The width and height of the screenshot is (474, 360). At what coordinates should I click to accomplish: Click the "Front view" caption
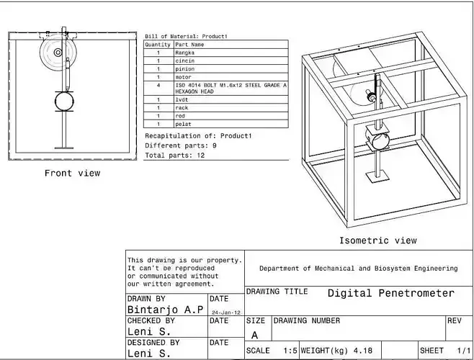[x=72, y=173]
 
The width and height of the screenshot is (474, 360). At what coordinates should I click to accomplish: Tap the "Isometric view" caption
[x=378, y=240]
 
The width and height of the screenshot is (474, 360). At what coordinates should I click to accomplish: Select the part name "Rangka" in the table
[x=185, y=53]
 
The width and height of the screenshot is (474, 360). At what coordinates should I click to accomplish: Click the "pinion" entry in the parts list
[x=185, y=68]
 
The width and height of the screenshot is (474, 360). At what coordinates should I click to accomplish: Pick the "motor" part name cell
[x=184, y=76]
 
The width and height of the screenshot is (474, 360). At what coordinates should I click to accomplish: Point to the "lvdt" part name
[x=182, y=100]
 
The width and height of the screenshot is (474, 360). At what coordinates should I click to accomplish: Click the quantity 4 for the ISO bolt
[x=158, y=85]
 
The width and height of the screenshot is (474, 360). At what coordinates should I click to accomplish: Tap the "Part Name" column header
[x=190, y=45]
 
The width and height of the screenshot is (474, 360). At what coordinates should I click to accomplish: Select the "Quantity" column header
[x=158, y=45]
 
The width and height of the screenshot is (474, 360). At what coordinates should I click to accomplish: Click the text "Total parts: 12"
[x=175, y=155]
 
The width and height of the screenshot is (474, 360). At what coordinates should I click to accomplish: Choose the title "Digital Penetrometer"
[x=391, y=293]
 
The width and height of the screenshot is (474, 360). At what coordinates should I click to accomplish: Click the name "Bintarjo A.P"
[x=165, y=309]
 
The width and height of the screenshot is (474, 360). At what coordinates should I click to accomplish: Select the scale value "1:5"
[x=290, y=351]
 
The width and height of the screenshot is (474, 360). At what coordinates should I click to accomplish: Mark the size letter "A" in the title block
[x=254, y=335]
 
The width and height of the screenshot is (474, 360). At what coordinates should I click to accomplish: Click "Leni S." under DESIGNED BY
[x=149, y=354]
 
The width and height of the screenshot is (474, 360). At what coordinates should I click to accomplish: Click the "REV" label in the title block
[x=455, y=320]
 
